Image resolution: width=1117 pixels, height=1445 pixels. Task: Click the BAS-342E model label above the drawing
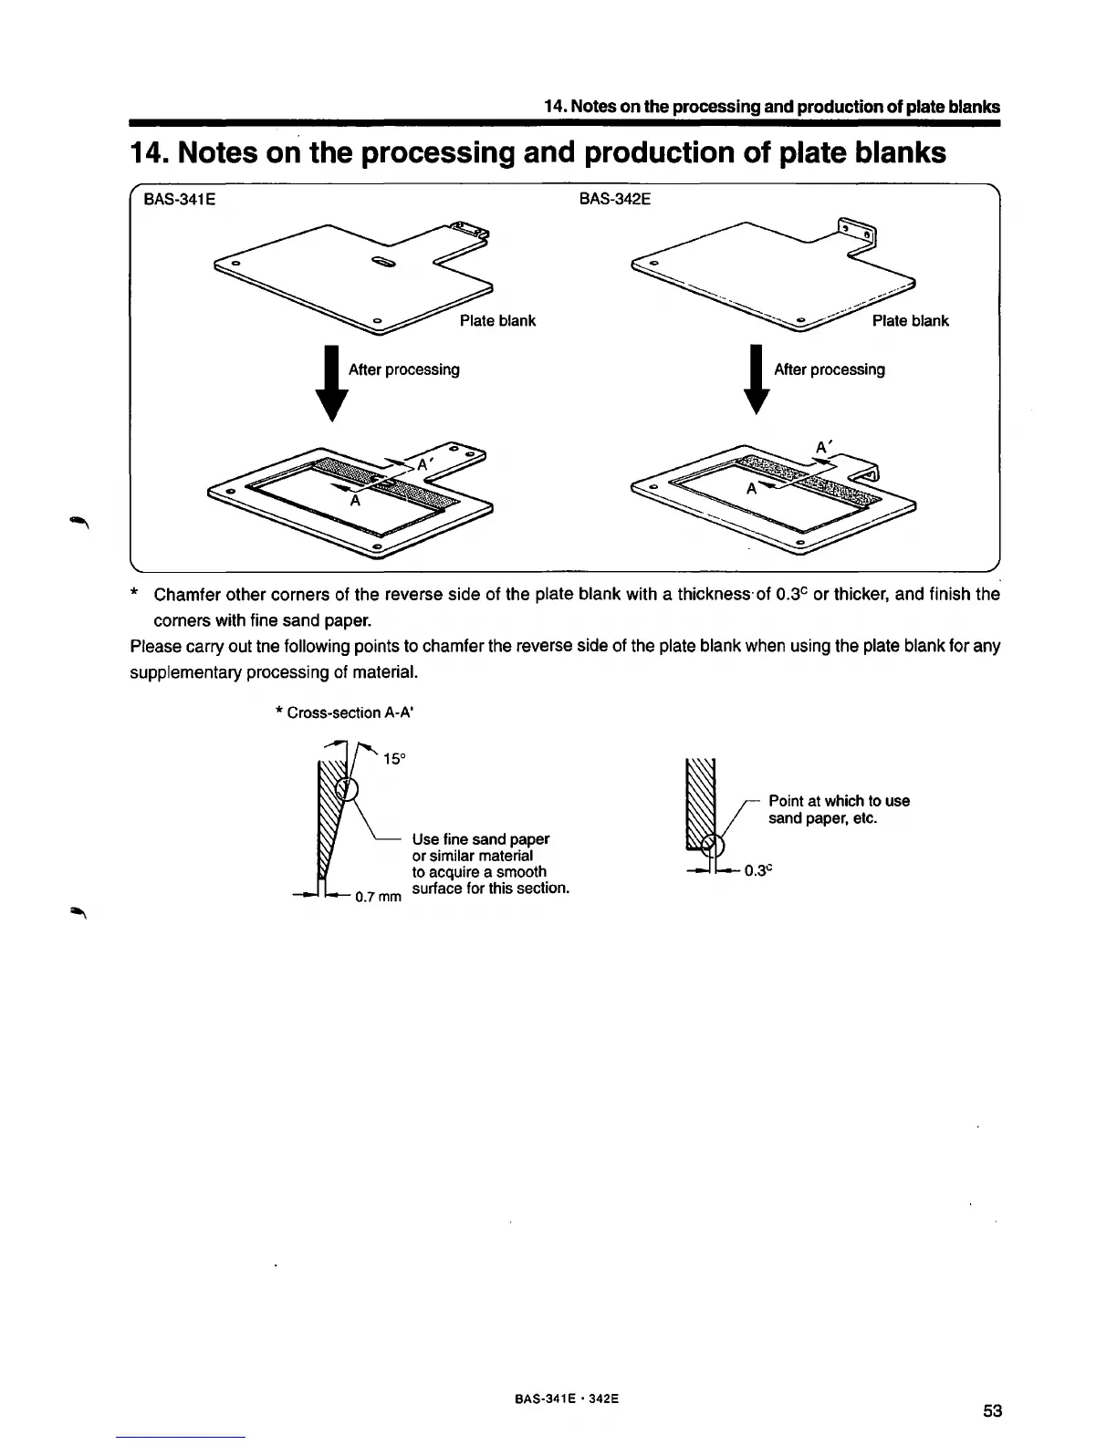click(615, 198)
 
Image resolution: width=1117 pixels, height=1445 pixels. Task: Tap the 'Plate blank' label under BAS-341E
click(497, 320)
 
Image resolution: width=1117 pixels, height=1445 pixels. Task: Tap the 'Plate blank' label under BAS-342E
click(910, 320)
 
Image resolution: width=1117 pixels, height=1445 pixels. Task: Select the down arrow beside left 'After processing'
click(332, 383)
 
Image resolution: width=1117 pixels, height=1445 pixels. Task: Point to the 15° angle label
click(393, 759)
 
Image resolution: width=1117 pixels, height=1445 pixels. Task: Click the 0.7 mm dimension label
click(378, 897)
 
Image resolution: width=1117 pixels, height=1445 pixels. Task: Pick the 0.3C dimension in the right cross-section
click(758, 870)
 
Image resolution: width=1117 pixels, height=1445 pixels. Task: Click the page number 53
click(993, 1411)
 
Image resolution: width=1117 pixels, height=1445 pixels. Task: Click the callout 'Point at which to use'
click(839, 801)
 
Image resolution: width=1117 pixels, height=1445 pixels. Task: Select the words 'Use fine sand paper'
click(480, 838)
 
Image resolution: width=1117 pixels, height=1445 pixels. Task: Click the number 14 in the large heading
click(148, 152)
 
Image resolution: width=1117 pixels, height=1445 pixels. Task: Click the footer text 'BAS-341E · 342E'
click(559, 1398)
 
